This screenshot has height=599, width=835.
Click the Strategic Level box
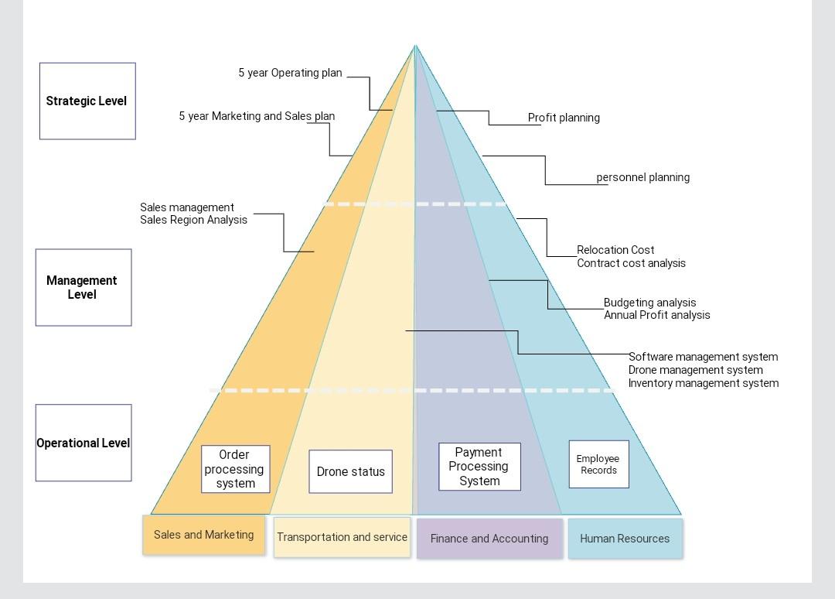[x=87, y=101]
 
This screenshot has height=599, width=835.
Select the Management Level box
[x=83, y=287]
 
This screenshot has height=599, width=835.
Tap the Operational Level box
[x=83, y=443]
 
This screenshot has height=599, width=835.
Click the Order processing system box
[x=235, y=469]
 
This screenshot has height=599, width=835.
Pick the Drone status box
[x=350, y=471]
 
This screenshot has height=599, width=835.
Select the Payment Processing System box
[x=479, y=467]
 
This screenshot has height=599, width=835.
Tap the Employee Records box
[x=598, y=464]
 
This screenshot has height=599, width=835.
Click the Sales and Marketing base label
[x=203, y=535]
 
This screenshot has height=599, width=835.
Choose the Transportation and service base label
[x=342, y=537]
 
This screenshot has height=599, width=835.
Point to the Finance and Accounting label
[x=489, y=539]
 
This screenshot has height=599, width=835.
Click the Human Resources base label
[x=625, y=539]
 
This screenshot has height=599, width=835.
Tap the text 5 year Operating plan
[x=290, y=73]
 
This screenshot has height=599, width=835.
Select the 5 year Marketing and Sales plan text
[x=257, y=116]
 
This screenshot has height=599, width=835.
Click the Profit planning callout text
[x=564, y=118]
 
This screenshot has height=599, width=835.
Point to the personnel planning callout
[x=642, y=177]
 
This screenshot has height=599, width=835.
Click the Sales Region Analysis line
[x=193, y=220]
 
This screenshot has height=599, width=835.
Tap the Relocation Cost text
[x=615, y=250]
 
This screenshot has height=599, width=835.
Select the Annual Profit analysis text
[x=656, y=315]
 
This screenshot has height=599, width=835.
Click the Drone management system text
[x=695, y=370]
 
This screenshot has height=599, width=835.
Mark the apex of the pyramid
[x=415, y=46]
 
